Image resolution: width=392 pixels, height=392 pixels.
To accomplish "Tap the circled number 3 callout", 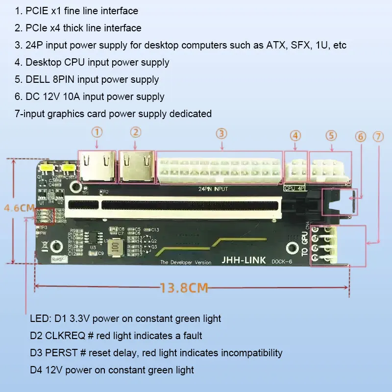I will (221, 133).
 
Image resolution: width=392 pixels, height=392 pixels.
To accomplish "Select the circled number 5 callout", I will (332, 135).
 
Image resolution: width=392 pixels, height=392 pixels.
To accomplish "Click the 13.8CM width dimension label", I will (184, 287).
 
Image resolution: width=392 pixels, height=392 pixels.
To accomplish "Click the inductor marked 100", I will (115, 247).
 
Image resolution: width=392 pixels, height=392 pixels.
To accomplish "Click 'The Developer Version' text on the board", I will (186, 263).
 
